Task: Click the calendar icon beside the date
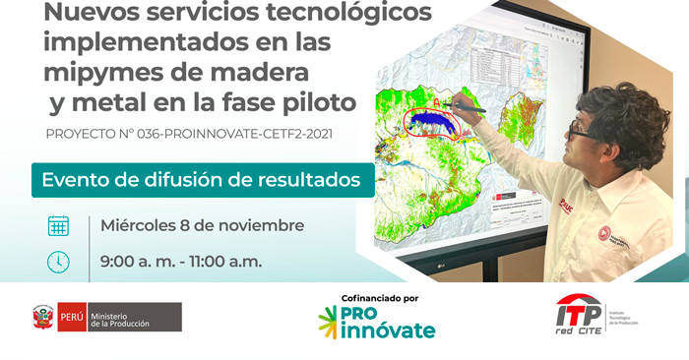pyautogui.click(x=59, y=225)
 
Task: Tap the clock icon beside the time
pyautogui.click(x=59, y=262)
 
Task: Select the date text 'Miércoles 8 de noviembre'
pyautogui.click(x=202, y=225)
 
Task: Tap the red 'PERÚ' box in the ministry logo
pyautogui.click(x=71, y=317)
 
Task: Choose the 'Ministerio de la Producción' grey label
pyautogui.click(x=134, y=317)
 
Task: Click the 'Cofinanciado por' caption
pyautogui.click(x=376, y=298)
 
